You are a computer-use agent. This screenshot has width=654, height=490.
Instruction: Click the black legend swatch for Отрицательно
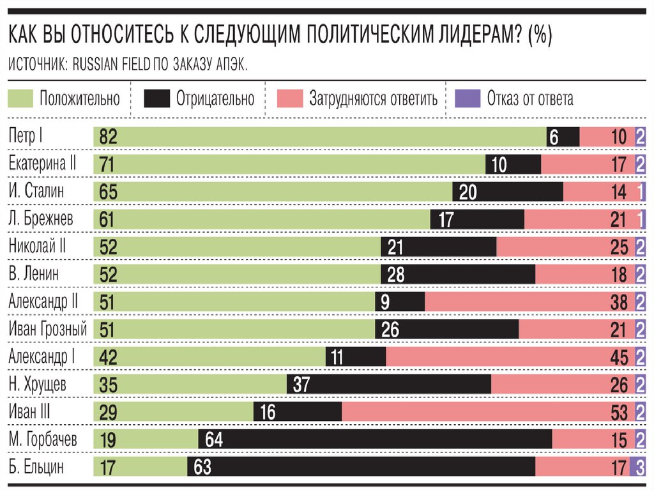157,99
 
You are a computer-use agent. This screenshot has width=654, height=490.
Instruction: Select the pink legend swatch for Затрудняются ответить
290,99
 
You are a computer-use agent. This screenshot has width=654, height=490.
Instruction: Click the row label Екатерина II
42,164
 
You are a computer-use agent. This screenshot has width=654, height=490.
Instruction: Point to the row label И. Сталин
36,191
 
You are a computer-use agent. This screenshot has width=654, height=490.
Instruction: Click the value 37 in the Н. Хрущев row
301,385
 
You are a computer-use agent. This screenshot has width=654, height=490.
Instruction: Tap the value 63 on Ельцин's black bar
202,467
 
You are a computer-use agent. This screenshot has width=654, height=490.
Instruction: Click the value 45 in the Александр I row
619,357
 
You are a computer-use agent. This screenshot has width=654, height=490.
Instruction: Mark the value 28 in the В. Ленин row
395,274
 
